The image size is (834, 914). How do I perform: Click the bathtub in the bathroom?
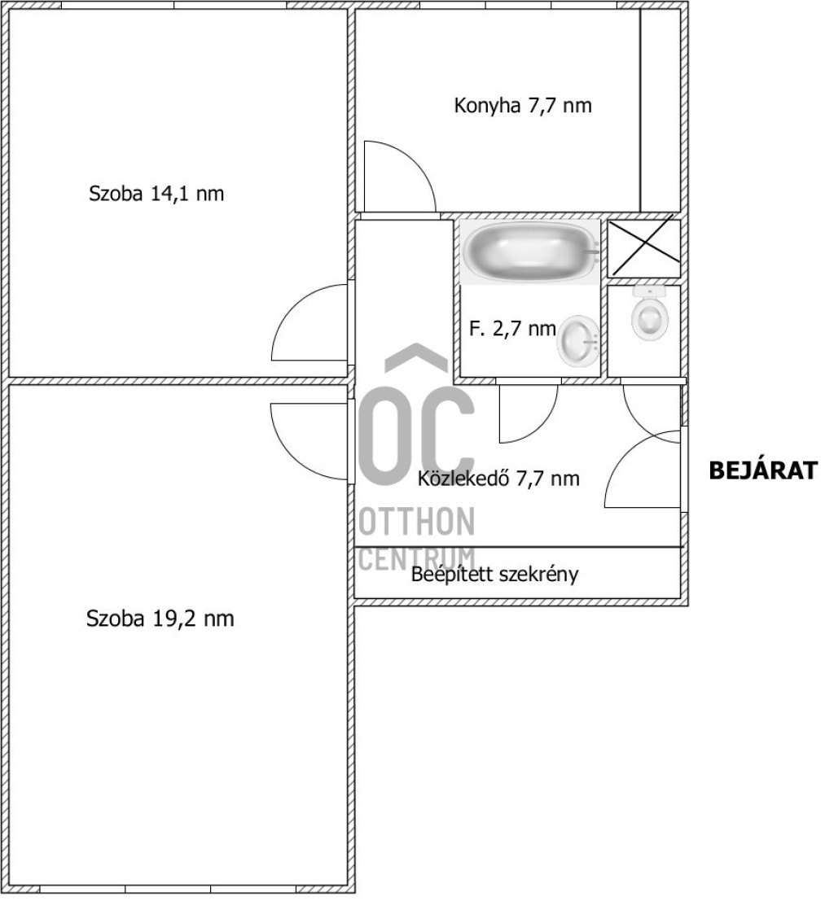click(x=529, y=251)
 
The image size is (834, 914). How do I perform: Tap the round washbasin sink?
click(x=578, y=341)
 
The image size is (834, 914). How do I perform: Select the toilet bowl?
click(x=648, y=313)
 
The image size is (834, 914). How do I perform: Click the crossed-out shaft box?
click(x=644, y=248)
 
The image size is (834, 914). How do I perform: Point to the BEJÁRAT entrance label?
click(x=763, y=470)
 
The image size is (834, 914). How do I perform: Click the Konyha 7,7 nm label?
click(x=523, y=106)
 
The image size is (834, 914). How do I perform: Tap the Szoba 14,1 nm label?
click(x=156, y=194)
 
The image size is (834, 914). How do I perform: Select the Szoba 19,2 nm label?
click(x=160, y=619)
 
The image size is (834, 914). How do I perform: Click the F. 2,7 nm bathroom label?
click(x=512, y=329)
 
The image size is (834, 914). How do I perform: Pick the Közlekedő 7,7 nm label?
click(x=498, y=479)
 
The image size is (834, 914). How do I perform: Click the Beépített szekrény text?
click(x=494, y=574)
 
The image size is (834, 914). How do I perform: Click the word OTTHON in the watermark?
click(x=416, y=522)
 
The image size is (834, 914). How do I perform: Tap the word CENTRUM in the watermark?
click(x=416, y=558)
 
